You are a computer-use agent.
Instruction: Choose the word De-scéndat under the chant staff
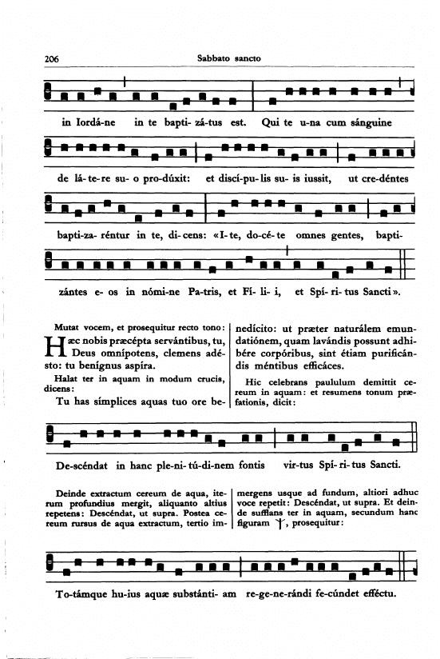tap(79, 465)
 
